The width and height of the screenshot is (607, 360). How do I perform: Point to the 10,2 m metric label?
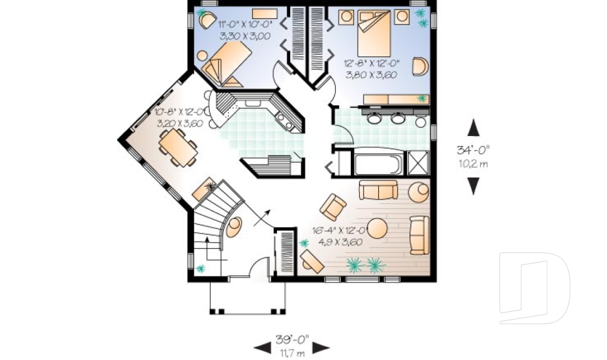click(x=473, y=163)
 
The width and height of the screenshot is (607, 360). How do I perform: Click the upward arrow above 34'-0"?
click(x=473, y=128)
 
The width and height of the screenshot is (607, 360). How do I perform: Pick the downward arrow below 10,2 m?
click(x=473, y=185)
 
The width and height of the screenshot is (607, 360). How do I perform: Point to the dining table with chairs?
click(x=178, y=148)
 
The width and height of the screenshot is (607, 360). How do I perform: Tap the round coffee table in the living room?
click(x=377, y=228)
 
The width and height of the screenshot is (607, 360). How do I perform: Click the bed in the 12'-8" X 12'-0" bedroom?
click(x=376, y=35)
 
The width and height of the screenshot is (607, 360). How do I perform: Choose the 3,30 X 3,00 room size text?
click(x=245, y=36)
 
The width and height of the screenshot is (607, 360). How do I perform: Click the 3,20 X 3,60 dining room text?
click(x=179, y=123)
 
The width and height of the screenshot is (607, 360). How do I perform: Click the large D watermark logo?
click(x=534, y=288)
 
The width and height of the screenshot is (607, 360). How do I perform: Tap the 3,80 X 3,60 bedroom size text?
click(x=371, y=73)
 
